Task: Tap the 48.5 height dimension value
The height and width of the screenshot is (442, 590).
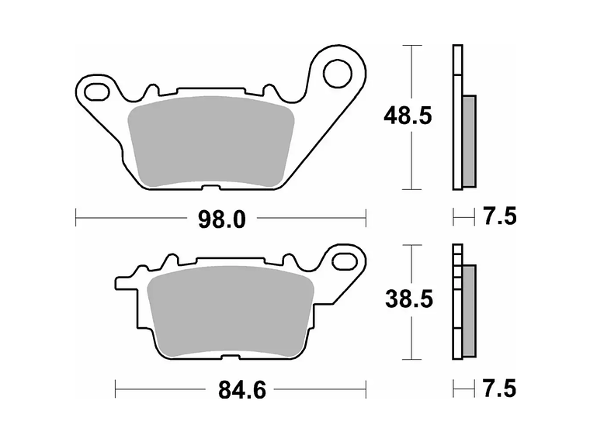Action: (408, 116)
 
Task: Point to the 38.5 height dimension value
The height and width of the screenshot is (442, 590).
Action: (408, 299)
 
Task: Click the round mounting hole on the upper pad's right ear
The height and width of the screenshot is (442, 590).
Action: (338, 74)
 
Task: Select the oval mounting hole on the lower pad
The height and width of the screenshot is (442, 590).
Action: (342, 261)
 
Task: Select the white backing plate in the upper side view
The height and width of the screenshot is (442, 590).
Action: (456, 116)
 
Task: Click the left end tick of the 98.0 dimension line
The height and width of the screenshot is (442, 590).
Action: (75, 219)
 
